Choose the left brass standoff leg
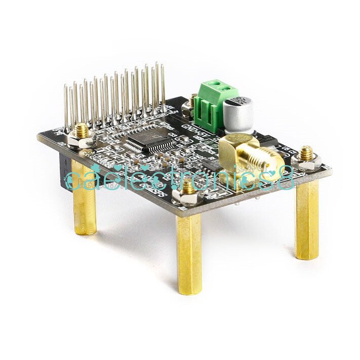tap(85, 203)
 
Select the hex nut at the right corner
tap(306, 159)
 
